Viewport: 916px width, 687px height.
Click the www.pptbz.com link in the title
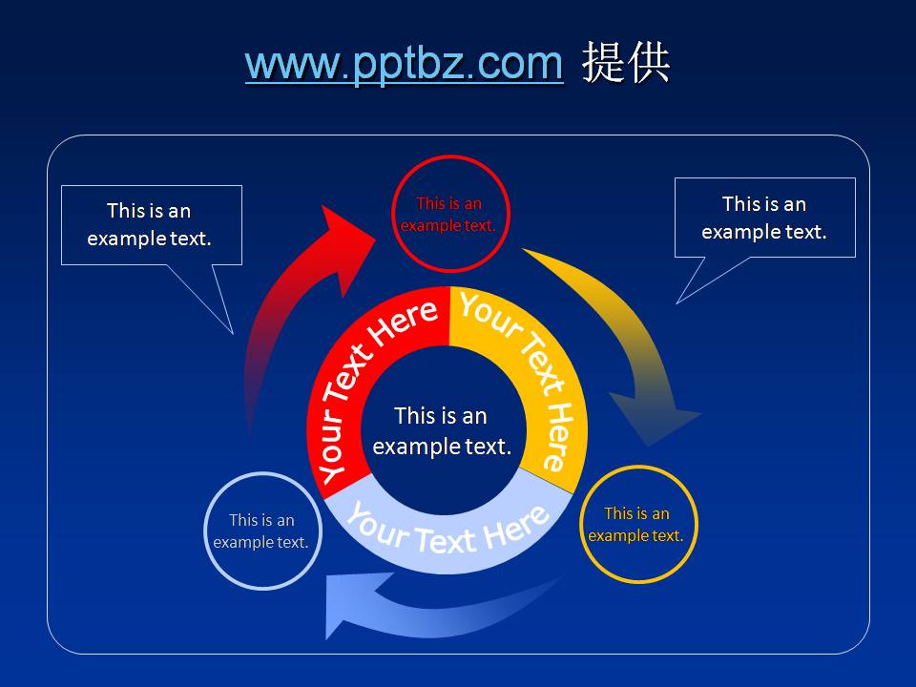404,63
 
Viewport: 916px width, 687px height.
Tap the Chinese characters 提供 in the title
627,63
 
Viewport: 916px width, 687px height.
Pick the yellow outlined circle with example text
637,525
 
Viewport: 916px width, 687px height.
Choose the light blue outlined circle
261,531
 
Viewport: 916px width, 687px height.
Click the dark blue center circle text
442,430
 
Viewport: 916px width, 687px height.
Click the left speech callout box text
150,224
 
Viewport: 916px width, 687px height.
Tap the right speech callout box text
764,218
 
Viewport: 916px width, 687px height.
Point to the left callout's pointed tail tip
233,333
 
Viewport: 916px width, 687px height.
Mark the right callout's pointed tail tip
677,303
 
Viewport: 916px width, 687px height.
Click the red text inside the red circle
448,215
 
